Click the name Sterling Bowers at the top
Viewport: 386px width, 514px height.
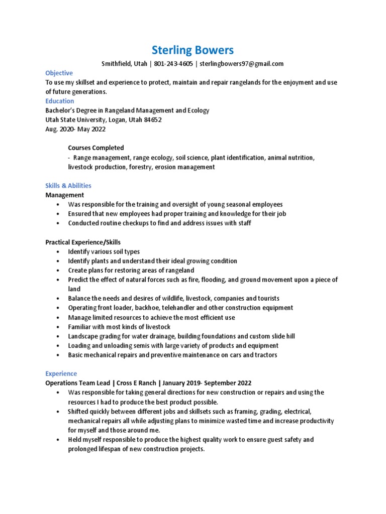click(x=192, y=50)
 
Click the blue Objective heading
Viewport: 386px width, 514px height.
click(x=59, y=73)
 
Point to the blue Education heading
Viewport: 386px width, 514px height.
click(x=60, y=101)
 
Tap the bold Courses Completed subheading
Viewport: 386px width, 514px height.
click(x=95, y=148)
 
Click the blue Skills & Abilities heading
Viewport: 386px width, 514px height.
click(x=68, y=186)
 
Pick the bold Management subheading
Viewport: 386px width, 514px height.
click(x=65, y=195)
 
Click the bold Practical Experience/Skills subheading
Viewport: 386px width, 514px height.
click(x=83, y=242)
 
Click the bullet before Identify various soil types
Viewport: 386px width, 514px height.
click(x=58, y=251)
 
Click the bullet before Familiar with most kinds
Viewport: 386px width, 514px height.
click(x=58, y=327)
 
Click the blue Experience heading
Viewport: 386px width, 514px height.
click(x=61, y=373)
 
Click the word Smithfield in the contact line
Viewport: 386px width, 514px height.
click(x=117, y=64)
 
